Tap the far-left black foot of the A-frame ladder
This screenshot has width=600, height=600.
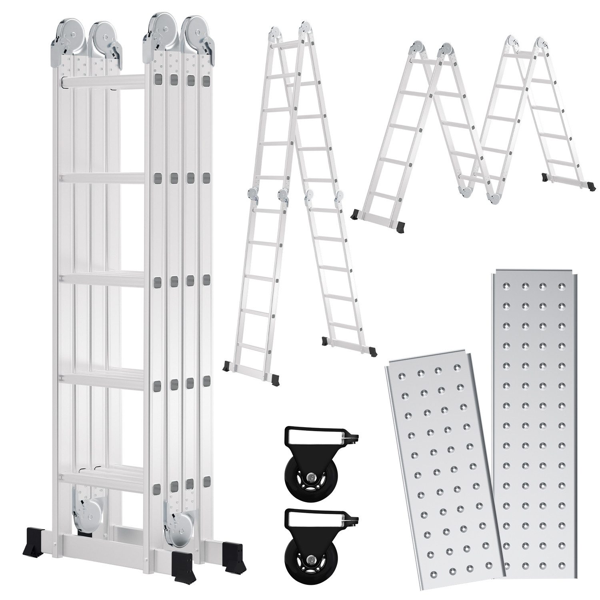(228, 366)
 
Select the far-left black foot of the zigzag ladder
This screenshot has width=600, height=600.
(356, 215)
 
